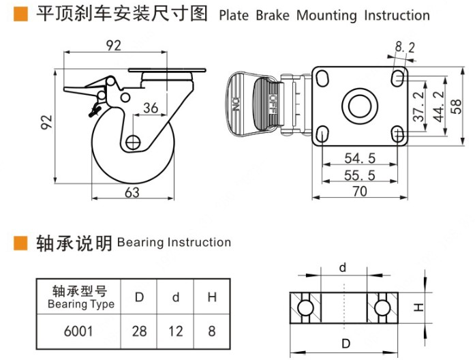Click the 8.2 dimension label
[x=404, y=47]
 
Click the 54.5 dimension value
[x=361, y=158]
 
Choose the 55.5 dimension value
[x=361, y=175]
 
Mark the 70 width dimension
[x=360, y=192]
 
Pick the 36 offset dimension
[x=151, y=108]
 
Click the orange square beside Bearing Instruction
[x=21, y=243]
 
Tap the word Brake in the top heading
[x=275, y=15]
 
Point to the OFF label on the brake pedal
[x=272, y=104]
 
